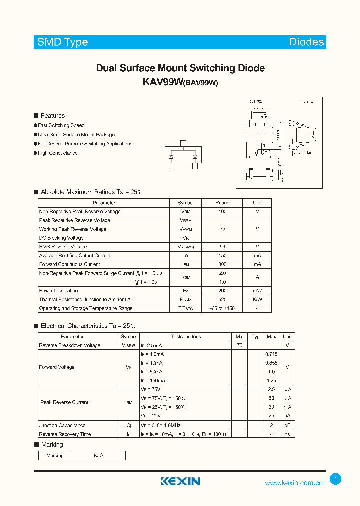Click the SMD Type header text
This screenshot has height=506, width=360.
click(62, 42)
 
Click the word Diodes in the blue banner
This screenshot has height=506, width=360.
click(306, 42)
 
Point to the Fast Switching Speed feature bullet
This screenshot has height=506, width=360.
click(61, 125)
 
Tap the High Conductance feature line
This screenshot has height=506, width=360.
click(57, 153)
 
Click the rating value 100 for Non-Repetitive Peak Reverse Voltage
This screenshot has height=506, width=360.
click(222, 212)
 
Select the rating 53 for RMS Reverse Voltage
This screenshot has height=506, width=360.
click(222, 247)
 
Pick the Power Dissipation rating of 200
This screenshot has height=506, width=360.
click(222, 291)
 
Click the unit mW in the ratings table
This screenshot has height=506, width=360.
click(257, 291)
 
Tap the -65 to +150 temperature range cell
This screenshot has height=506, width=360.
click(222, 308)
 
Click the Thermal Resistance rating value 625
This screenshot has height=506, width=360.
click(222, 300)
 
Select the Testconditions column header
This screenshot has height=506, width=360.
click(186, 337)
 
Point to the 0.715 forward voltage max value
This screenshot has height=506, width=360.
click(271, 354)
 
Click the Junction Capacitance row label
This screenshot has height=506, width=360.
click(62, 425)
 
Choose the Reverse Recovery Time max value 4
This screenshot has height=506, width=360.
click(271, 434)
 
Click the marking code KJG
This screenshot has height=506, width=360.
click(98, 456)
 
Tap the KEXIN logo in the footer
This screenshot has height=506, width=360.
click(180, 481)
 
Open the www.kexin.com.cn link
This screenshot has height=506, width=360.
click(293, 483)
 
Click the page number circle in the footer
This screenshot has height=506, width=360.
click(336, 479)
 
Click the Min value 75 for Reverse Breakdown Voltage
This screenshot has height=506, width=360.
click(239, 345)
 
